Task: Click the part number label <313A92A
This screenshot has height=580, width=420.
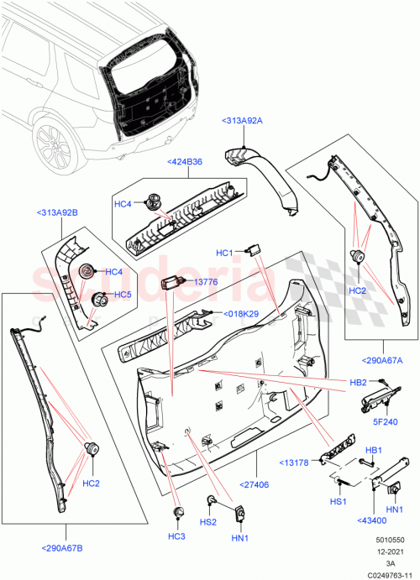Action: [x=242, y=121]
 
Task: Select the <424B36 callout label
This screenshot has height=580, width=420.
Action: [x=185, y=161]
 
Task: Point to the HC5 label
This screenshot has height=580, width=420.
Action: [x=122, y=295]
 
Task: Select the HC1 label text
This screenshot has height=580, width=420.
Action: [x=224, y=253]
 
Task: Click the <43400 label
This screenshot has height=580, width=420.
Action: [x=372, y=520]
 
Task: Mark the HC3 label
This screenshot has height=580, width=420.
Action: [x=176, y=536]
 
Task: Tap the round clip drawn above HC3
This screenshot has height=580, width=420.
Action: [x=176, y=512]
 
